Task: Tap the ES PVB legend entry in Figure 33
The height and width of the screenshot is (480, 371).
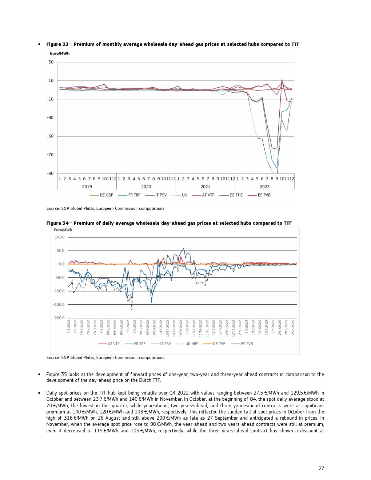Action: (x=264, y=195)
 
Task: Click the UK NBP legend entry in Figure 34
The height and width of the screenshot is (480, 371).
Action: (x=192, y=344)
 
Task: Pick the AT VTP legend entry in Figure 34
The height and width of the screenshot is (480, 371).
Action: (x=113, y=344)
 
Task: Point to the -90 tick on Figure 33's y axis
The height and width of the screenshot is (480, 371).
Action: (x=51, y=173)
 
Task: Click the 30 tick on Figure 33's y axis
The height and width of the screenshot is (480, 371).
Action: (x=51, y=62)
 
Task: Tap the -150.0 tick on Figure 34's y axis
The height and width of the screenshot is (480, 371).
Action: (x=59, y=305)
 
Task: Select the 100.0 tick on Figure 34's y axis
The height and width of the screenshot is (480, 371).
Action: (x=60, y=237)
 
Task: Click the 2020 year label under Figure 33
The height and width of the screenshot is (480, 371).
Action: (x=146, y=187)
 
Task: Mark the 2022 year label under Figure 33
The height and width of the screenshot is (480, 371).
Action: (x=264, y=187)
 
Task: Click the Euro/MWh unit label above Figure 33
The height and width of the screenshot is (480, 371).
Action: (x=60, y=53)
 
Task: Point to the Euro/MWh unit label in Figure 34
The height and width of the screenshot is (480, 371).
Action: (x=63, y=230)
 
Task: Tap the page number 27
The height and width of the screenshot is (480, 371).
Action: (x=321, y=468)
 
